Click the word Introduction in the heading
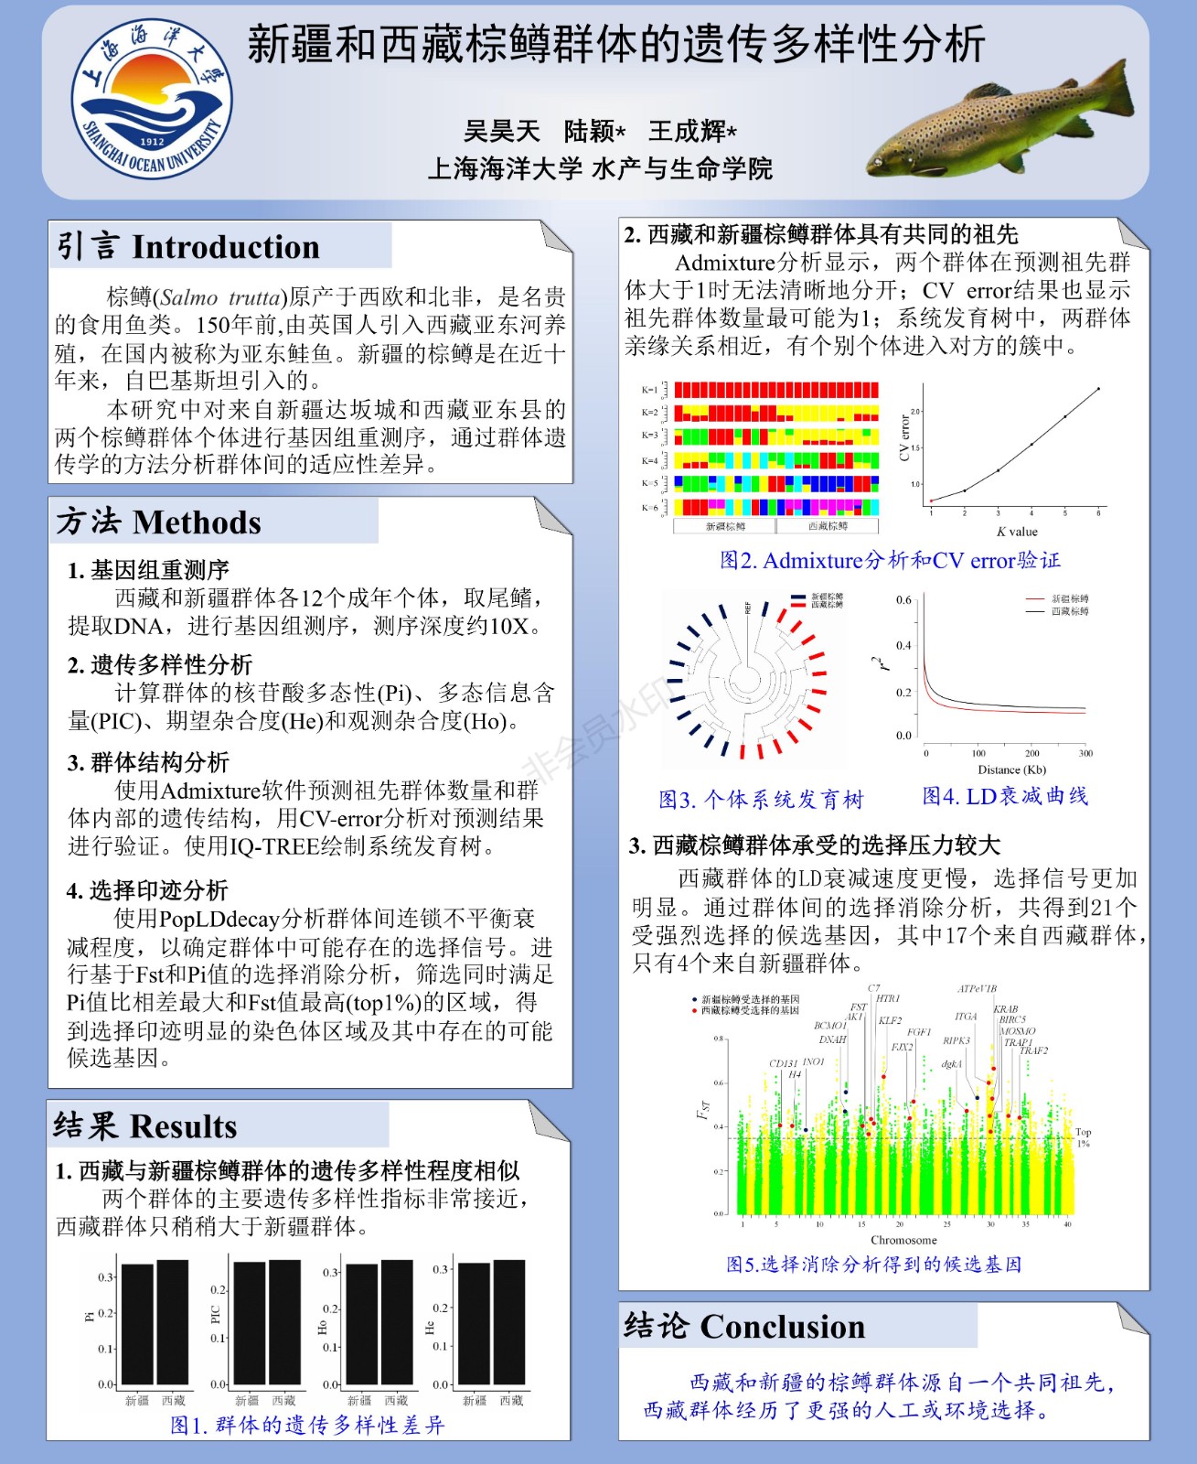coord(226,247)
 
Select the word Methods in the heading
coord(197,522)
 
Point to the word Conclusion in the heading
coord(782,1327)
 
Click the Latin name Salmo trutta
coord(220,297)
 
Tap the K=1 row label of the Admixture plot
coord(649,390)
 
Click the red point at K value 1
coord(931,501)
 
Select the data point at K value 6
coord(1098,389)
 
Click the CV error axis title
coord(904,437)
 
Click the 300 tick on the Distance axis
coord(1085,754)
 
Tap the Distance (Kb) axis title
coord(1011,770)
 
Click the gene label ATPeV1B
coord(977,989)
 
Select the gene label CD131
coord(783,1063)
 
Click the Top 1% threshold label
coord(1083,1137)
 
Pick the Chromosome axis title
coord(903,1240)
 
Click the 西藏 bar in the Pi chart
coord(172,1322)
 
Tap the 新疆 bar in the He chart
coord(474,1324)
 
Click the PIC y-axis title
coord(216,1315)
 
